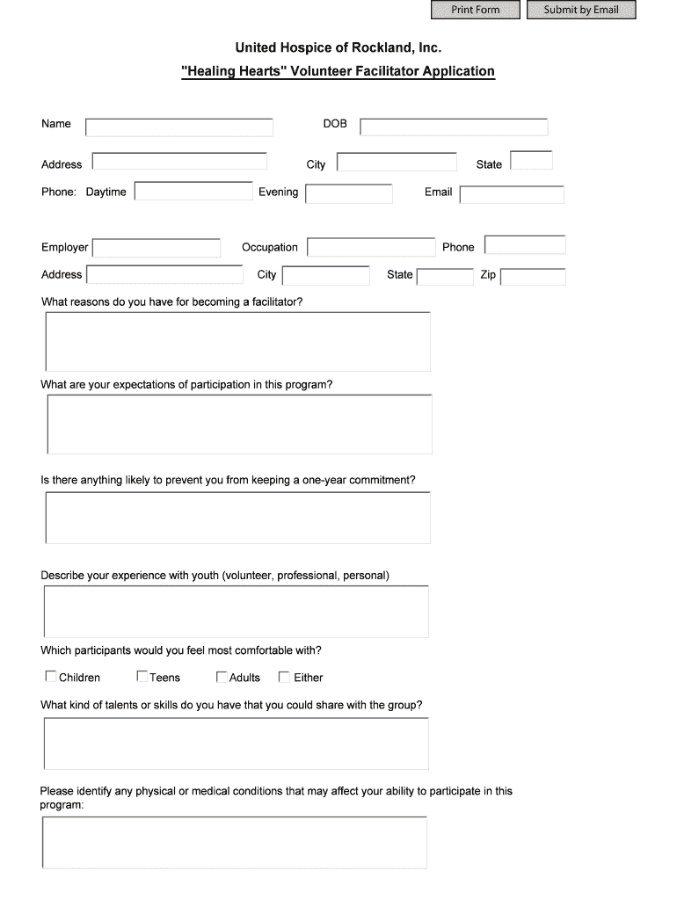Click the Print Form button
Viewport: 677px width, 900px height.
(x=475, y=10)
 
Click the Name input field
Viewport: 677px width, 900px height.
(x=179, y=127)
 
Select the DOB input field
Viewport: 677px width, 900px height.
(x=454, y=127)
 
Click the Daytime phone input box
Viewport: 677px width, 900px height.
(x=193, y=192)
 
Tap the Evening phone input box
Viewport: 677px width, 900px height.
(x=349, y=193)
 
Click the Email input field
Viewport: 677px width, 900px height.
(x=512, y=194)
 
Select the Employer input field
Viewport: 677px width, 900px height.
(x=157, y=248)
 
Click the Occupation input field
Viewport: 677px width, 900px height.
(x=371, y=248)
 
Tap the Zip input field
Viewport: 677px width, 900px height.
(x=533, y=277)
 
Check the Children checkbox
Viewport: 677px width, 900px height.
(x=50, y=677)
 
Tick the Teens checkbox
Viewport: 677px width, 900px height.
(x=142, y=677)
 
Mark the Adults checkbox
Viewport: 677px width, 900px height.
(x=222, y=677)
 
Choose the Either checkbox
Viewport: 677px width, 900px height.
(x=284, y=677)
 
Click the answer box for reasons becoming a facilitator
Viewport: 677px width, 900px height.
(x=237, y=341)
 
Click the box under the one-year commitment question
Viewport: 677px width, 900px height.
(x=237, y=518)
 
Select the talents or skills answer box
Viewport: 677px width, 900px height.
(x=236, y=744)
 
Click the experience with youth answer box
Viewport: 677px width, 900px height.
(x=236, y=611)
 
